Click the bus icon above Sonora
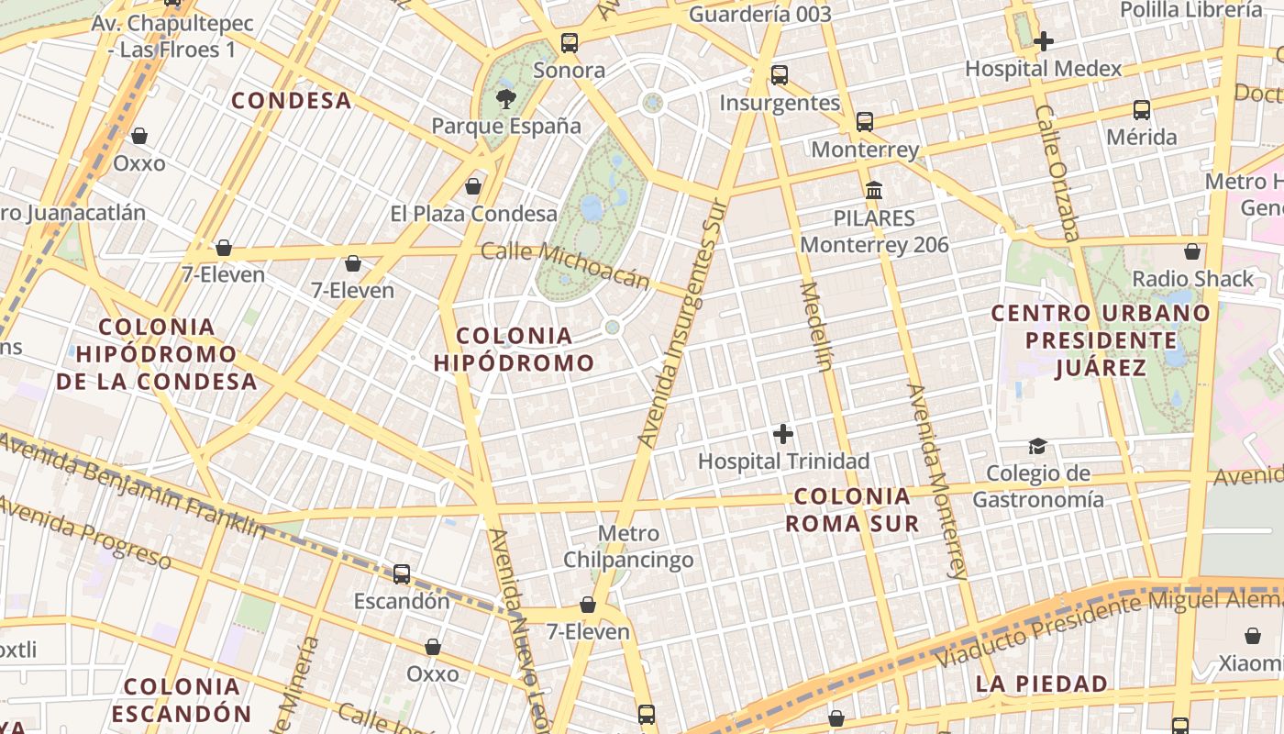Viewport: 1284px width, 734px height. tap(570, 43)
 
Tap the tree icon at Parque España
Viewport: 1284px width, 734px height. tap(505, 98)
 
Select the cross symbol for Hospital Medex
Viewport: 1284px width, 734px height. tap(1043, 41)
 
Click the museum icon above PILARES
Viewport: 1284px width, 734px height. tap(874, 191)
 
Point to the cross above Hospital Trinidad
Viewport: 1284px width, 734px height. tap(783, 433)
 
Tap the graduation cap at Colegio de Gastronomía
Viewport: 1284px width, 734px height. tap(1037, 446)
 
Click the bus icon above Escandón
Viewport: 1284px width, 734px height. tap(402, 574)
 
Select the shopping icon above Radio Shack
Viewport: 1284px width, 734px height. tap(1192, 250)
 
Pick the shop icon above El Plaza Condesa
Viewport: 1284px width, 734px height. tap(473, 186)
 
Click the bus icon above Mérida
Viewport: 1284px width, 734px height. tap(1142, 110)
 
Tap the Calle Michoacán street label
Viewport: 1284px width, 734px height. tap(565, 265)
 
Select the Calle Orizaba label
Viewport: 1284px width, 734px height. tap(1058, 172)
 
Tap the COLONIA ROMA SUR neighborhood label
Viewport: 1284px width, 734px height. tap(853, 510)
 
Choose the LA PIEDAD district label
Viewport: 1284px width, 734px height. tap(1041, 684)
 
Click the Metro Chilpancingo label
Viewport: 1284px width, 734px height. tap(628, 546)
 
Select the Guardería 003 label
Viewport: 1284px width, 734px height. tap(760, 14)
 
